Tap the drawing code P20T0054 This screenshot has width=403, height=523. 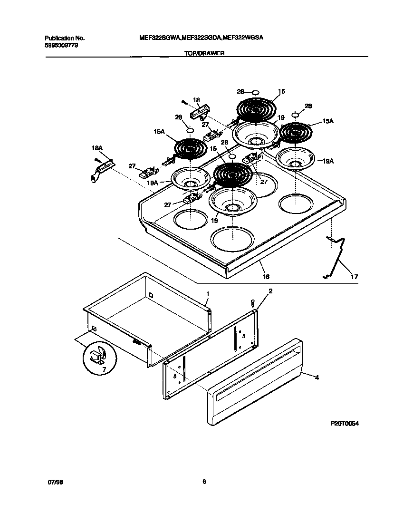coord(345,423)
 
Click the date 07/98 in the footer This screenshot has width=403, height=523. coord(55,482)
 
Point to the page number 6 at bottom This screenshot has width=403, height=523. coord(204,482)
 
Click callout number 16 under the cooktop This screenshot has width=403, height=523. coord(266,276)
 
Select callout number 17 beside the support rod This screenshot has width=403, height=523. coord(355,276)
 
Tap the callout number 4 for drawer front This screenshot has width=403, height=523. coord(317,377)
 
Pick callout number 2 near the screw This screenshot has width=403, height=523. coord(270,291)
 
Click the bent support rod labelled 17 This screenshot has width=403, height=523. coord(338,257)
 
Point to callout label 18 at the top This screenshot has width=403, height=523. coord(196,100)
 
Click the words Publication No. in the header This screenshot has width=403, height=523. coord(65,38)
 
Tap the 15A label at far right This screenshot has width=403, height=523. coord(328,122)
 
